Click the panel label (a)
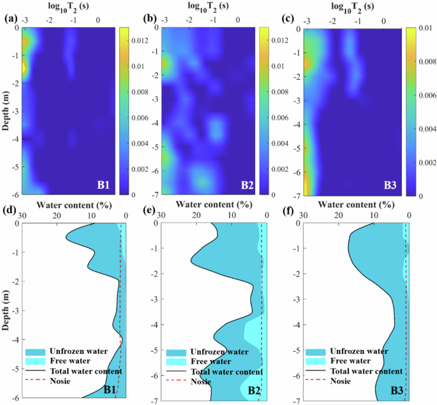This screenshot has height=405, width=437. pos(10,18)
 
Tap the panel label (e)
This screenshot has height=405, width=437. pos(152,208)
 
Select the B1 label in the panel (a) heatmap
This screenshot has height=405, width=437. pos(105,186)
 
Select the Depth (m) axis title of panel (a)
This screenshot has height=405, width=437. pos(6,111)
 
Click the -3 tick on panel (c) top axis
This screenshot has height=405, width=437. pos(307,21)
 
